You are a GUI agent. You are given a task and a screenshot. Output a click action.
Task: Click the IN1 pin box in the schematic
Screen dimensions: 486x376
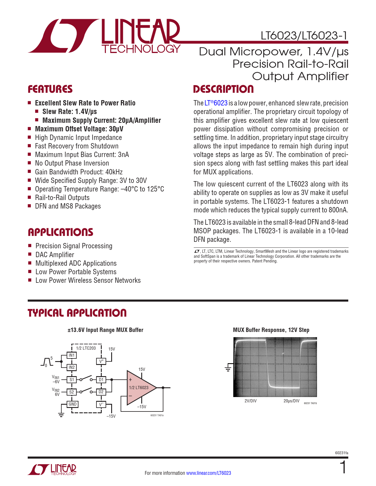[72, 355]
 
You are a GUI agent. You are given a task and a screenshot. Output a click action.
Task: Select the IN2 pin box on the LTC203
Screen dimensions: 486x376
[72, 367]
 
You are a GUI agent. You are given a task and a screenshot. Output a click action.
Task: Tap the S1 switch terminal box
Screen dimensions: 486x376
[72, 380]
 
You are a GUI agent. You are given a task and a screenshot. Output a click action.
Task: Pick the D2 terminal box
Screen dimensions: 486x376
[101, 392]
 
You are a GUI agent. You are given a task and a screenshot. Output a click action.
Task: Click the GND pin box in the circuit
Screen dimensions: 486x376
[73, 404]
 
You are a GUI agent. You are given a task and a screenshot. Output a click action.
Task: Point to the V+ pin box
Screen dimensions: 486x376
[101, 361]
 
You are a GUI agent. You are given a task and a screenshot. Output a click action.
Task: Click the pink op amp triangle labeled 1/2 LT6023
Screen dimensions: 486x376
[140, 387]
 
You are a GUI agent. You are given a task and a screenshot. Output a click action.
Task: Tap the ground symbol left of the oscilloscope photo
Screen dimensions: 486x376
[228, 368]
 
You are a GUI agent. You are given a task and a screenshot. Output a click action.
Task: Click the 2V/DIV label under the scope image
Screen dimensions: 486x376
[250, 401]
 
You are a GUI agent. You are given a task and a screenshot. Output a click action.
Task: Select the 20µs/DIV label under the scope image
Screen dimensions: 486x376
[291, 401]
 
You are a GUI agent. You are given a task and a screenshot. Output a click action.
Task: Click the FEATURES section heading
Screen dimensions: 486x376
[50, 89]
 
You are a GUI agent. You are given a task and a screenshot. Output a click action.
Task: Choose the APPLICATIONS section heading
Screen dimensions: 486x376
[60, 232]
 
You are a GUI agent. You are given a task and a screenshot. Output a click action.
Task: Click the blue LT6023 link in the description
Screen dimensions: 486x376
[216, 103]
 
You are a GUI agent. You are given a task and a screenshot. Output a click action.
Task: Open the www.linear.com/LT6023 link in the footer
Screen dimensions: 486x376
[208, 473]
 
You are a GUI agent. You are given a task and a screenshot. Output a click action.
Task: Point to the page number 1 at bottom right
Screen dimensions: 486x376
[343, 468]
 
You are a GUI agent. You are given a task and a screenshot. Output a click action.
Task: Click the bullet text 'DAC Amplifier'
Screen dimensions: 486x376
[55, 255]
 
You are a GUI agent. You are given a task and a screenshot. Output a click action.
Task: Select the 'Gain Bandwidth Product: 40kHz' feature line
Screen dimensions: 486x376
[79, 172]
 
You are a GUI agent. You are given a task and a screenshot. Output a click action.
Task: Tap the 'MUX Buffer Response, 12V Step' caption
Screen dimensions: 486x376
[271, 330]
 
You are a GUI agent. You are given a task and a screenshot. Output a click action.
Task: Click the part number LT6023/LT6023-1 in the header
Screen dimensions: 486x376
[304, 36]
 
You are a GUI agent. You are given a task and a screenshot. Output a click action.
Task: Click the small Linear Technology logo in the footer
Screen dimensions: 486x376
[52, 470]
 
